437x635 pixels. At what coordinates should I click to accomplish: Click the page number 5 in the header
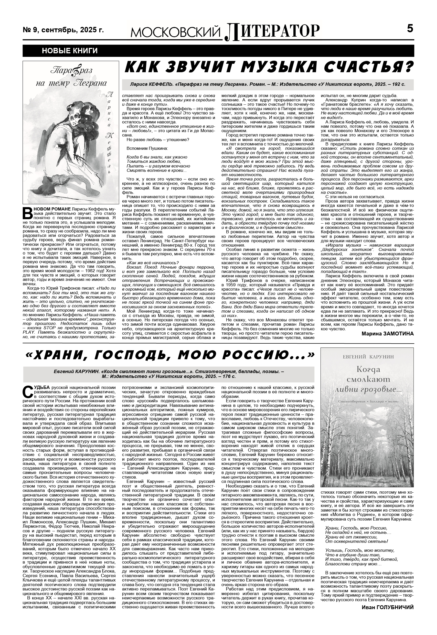coord(410,28)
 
